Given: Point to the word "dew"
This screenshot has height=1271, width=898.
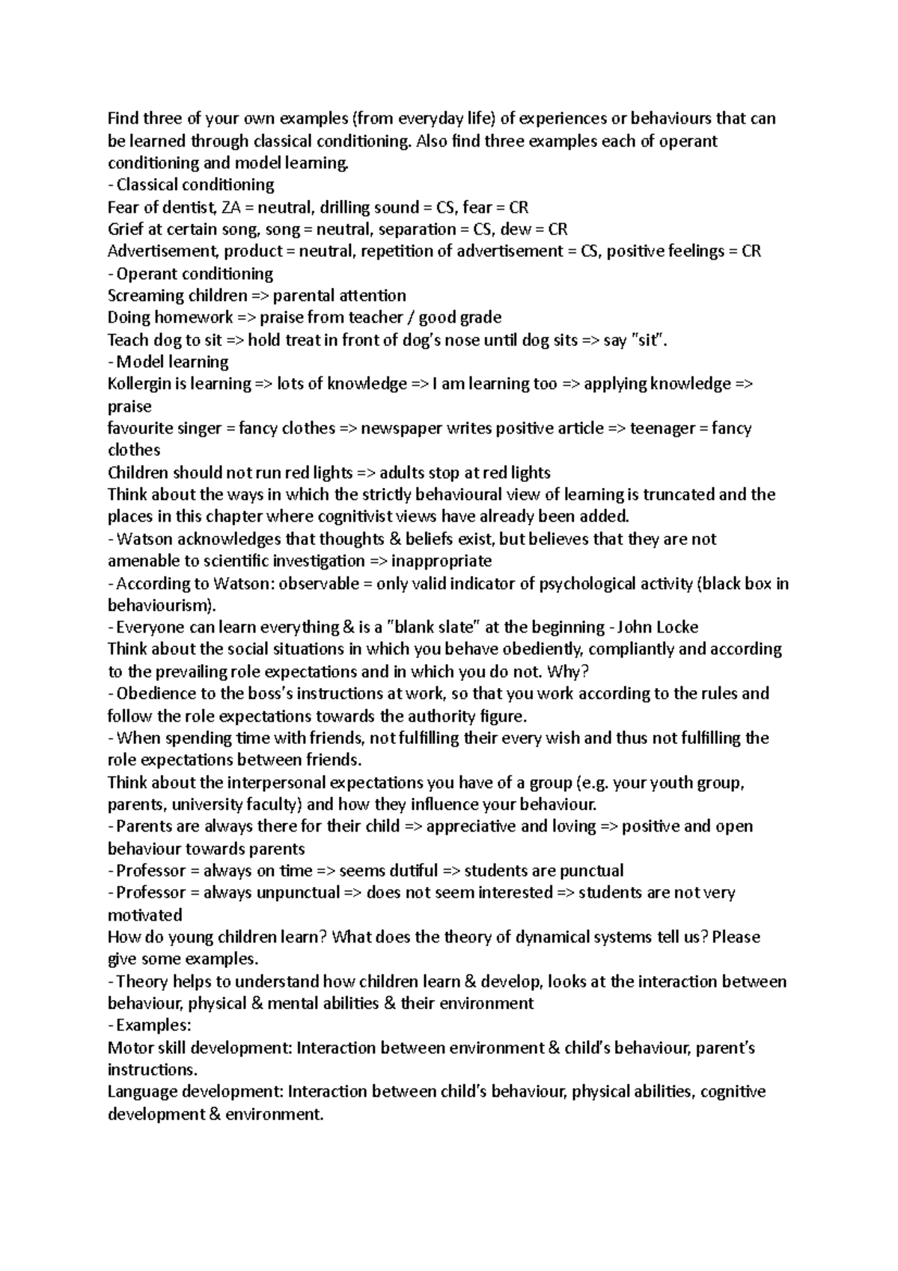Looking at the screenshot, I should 516,229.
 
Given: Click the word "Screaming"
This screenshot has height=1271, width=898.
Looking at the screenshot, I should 146,296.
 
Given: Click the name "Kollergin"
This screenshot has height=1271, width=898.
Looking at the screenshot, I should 141,384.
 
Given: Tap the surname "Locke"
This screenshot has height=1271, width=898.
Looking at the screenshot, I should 676,627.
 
